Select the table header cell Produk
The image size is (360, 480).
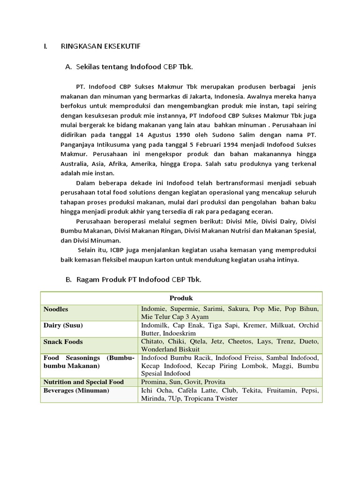[181, 298]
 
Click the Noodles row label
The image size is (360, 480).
[56, 309]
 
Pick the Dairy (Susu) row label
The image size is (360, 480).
[63, 325]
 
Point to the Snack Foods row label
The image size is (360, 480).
[64, 342]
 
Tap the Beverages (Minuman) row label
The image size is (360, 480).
[76, 390]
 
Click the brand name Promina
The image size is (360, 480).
[153, 382]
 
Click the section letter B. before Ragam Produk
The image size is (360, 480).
[67, 280]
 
